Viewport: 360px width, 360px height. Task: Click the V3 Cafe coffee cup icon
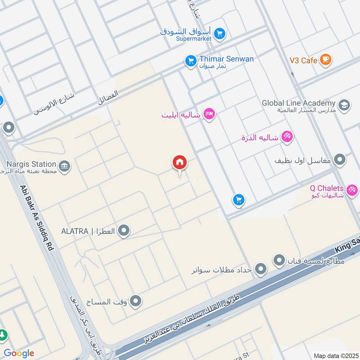coord(325,60)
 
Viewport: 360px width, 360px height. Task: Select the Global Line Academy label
coord(299,103)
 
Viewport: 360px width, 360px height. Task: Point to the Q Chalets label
coord(327,188)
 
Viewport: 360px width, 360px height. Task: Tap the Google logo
coord(18,353)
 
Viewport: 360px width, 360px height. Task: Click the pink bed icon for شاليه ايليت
coord(209,115)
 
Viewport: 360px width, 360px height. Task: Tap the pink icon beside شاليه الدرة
coord(287,136)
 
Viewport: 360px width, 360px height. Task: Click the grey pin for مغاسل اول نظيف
coord(340,160)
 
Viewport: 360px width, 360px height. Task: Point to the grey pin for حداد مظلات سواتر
coord(261,270)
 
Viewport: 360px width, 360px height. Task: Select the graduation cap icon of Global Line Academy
coord(344,105)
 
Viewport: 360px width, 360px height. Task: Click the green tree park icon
coord(3,336)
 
